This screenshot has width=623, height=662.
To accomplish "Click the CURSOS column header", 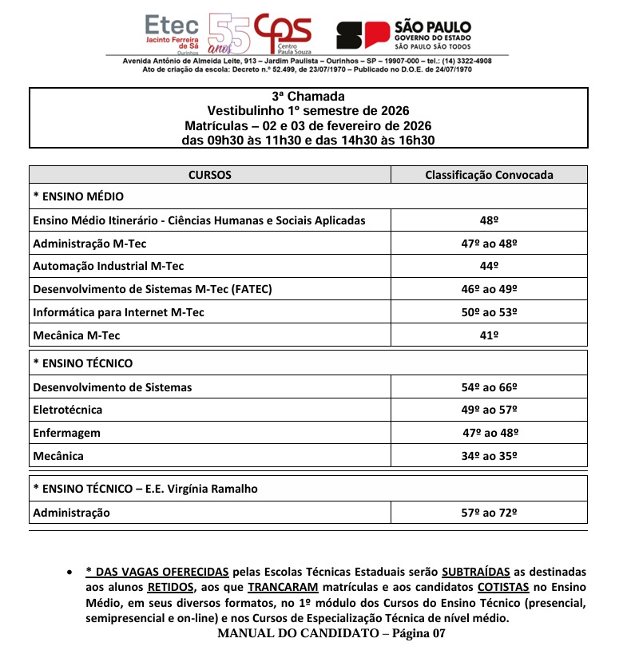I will pos(209,175).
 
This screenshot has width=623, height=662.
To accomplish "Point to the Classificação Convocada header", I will pos(489,175).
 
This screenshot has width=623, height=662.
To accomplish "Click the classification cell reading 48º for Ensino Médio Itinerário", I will pos(489,220).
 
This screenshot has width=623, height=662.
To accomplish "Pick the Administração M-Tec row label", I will pos(89,244).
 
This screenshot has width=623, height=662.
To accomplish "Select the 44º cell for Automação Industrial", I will pos(489,266).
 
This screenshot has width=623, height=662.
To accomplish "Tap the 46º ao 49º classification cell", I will pos(489,289).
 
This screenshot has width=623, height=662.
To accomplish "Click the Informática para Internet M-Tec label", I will pos(118,312).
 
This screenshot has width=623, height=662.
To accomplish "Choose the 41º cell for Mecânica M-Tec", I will pos(489,335).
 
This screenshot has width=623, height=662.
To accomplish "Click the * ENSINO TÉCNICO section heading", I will pos(83,363).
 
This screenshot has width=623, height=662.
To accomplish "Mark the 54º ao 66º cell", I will pos(489,387).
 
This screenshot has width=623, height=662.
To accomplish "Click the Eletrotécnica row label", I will pos(68,410).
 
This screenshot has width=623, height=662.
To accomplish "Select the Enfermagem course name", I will pos(67,433).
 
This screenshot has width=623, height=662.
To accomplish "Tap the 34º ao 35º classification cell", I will pos(489,456).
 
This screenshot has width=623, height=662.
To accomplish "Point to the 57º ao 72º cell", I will pos(489,513).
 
